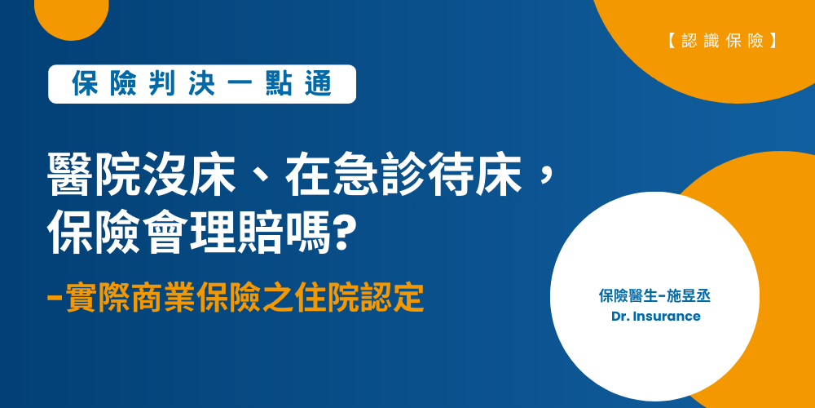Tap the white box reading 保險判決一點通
(x=202, y=84)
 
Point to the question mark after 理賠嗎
(x=345, y=234)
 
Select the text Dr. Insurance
(x=655, y=316)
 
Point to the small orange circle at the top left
(x=72, y=12)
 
